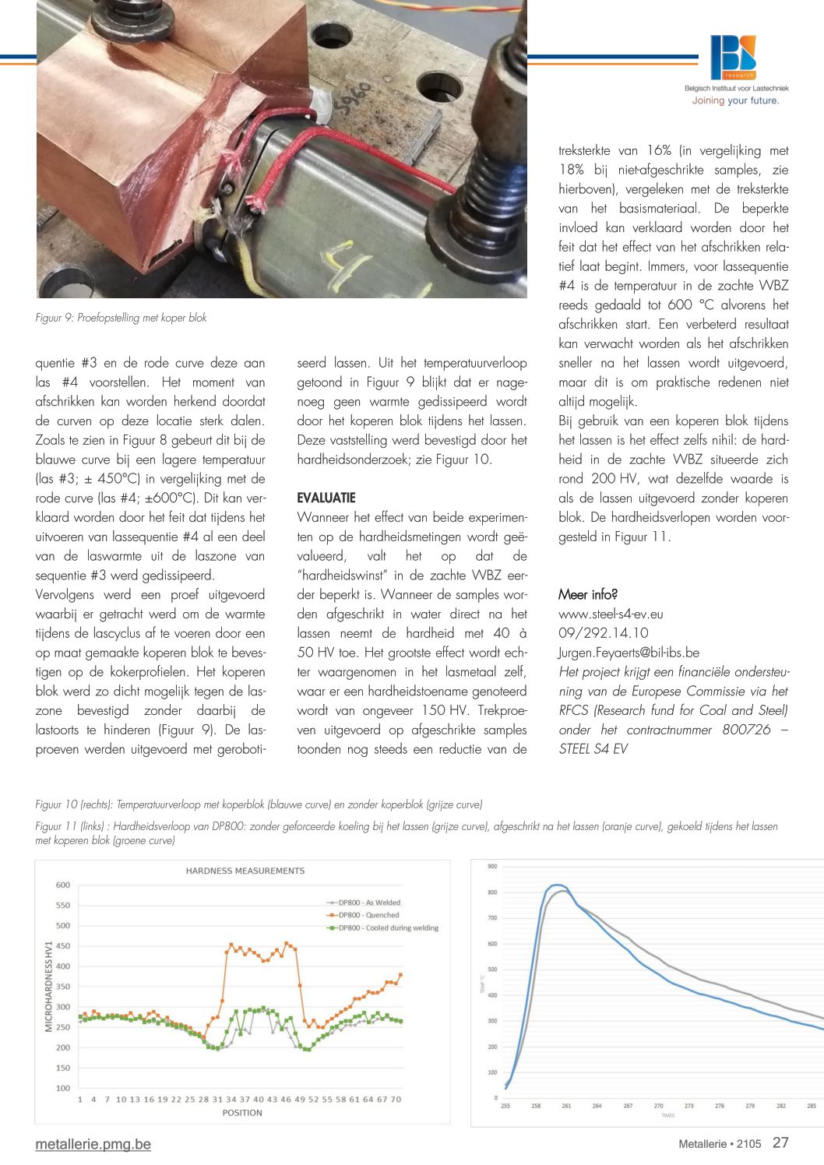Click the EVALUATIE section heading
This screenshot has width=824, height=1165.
coord(326,498)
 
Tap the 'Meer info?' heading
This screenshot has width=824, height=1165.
coord(588,595)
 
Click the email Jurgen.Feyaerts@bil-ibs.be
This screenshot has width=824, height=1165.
coord(629,653)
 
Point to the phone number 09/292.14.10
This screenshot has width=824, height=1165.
coord(603,633)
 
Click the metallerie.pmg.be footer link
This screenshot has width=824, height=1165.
coord(93,1144)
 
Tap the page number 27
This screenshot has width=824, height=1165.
coord(780,1142)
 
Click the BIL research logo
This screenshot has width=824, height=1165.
coord(733,57)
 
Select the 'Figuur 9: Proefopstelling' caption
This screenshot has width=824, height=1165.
coord(121,318)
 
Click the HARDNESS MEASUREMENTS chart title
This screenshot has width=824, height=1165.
coord(245,871)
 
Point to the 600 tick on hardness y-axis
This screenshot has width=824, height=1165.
coord(63,885)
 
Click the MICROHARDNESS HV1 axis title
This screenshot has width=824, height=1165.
coord(48,986)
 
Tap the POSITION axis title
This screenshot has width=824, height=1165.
coord(242,1113)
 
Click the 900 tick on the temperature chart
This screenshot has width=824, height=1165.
coord(492,867)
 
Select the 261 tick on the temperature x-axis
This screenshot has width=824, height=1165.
coord(566,1106)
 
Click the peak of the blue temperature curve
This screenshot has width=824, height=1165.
coord(556,885)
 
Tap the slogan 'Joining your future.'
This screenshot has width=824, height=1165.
coord(735,100)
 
